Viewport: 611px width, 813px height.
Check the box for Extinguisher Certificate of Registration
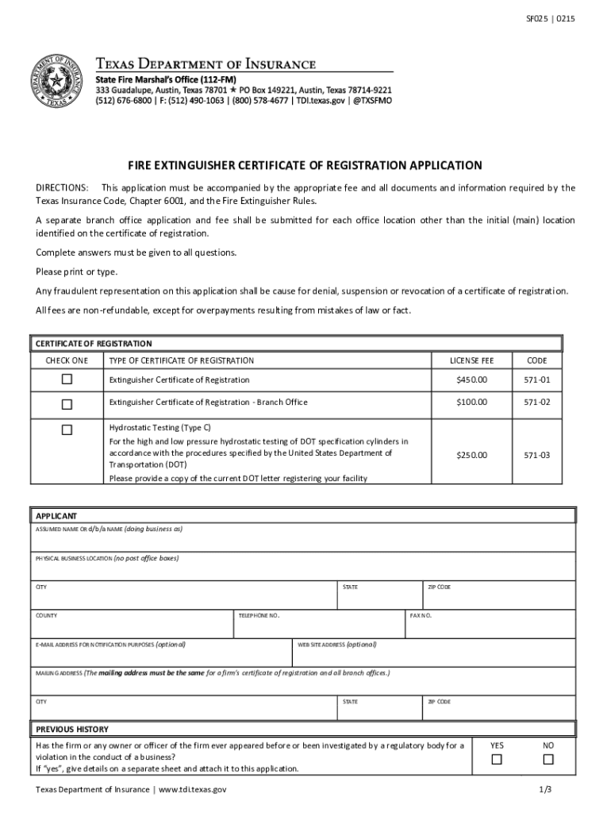point(67,380)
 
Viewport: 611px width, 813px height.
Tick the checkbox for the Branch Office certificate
point(67,403)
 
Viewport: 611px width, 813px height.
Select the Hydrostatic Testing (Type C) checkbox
point(67,430)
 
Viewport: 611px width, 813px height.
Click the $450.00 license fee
point(471,380)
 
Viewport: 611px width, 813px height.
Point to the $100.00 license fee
point(471,403)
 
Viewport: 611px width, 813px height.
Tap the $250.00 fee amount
point(471,455)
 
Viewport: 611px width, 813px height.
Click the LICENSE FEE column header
point(471,360)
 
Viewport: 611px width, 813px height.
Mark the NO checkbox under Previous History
point(548,760)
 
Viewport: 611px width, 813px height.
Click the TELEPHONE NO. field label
point(259,615)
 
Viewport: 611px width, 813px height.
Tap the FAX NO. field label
point(421,615)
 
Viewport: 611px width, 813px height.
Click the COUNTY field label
point(46,615)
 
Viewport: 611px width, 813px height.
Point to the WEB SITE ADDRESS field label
point(337,645)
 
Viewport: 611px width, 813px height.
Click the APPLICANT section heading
point(55,515)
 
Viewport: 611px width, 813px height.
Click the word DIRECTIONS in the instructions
point(62,187)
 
